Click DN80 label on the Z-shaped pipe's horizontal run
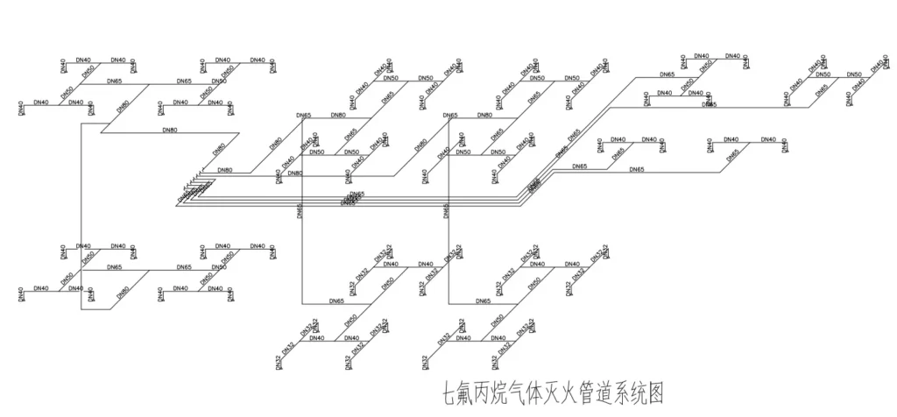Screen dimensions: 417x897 (170, 131)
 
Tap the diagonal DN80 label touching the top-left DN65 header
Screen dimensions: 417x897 (124, 107)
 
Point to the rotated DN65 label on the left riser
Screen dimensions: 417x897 (300, 210)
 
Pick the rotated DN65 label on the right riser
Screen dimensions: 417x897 (446, 210)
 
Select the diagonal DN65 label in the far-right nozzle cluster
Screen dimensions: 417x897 (732, 153)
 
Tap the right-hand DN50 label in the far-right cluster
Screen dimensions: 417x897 (853, 75)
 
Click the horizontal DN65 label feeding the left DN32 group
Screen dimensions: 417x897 (336, 301)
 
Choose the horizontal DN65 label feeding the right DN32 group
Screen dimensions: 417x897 (483, 301)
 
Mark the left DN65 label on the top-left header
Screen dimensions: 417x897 (114, 81)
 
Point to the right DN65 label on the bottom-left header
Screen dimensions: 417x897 (184, 267)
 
